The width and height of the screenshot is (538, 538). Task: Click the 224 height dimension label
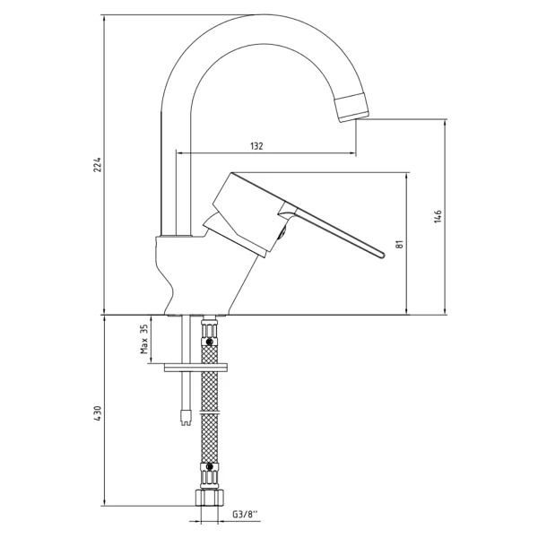click(98, 165)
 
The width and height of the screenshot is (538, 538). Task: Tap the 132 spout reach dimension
click(256, 146)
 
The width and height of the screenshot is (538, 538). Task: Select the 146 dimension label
click(438, 216)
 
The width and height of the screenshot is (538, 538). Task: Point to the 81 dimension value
click(399, 244)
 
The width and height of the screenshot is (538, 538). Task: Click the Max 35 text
click(144, 339)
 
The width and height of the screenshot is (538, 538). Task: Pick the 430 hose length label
click(98, 414)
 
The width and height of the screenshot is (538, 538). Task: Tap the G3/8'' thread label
click(245, 515)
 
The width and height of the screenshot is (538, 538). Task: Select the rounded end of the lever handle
click(382, 255)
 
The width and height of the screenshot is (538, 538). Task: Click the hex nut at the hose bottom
click(209, 497)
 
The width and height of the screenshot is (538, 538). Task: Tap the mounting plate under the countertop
click(195, 367)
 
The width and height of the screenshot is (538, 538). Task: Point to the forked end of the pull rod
click(186, 417)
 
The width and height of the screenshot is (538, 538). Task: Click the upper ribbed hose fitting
click(210, 333)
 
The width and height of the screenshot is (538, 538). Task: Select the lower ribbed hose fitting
click(210, 475)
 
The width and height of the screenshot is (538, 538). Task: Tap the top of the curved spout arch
click(261, 15)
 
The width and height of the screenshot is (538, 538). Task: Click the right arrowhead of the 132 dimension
click(352, 153)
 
